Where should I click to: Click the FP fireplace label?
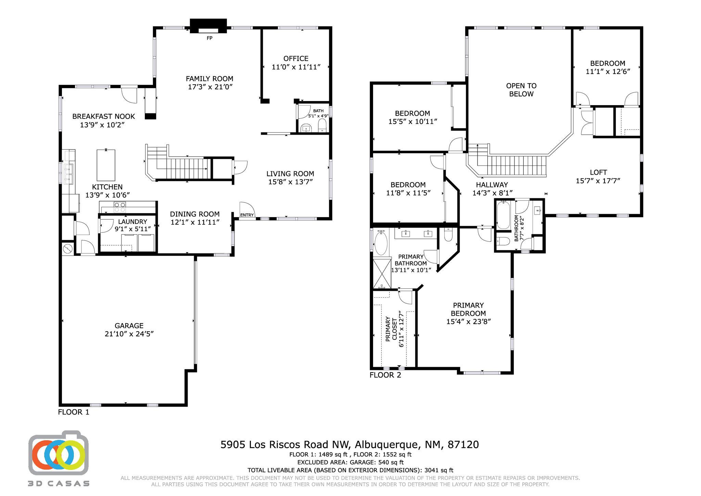coord(209,38)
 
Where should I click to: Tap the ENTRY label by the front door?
coord(247,215)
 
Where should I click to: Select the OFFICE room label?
coord(296,59)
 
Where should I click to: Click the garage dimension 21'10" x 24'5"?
coord(129,334)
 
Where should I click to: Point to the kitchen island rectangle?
coord(106,165)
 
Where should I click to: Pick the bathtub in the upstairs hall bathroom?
coord(503,215)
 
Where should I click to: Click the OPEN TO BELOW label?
coord(521,90)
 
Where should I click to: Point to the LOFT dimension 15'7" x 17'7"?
coord(598,181)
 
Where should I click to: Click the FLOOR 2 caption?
coord(385,375)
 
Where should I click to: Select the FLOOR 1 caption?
coord(74,412)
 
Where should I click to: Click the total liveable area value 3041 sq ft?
coord(439,470)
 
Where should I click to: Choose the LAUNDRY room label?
coord(132,222)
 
